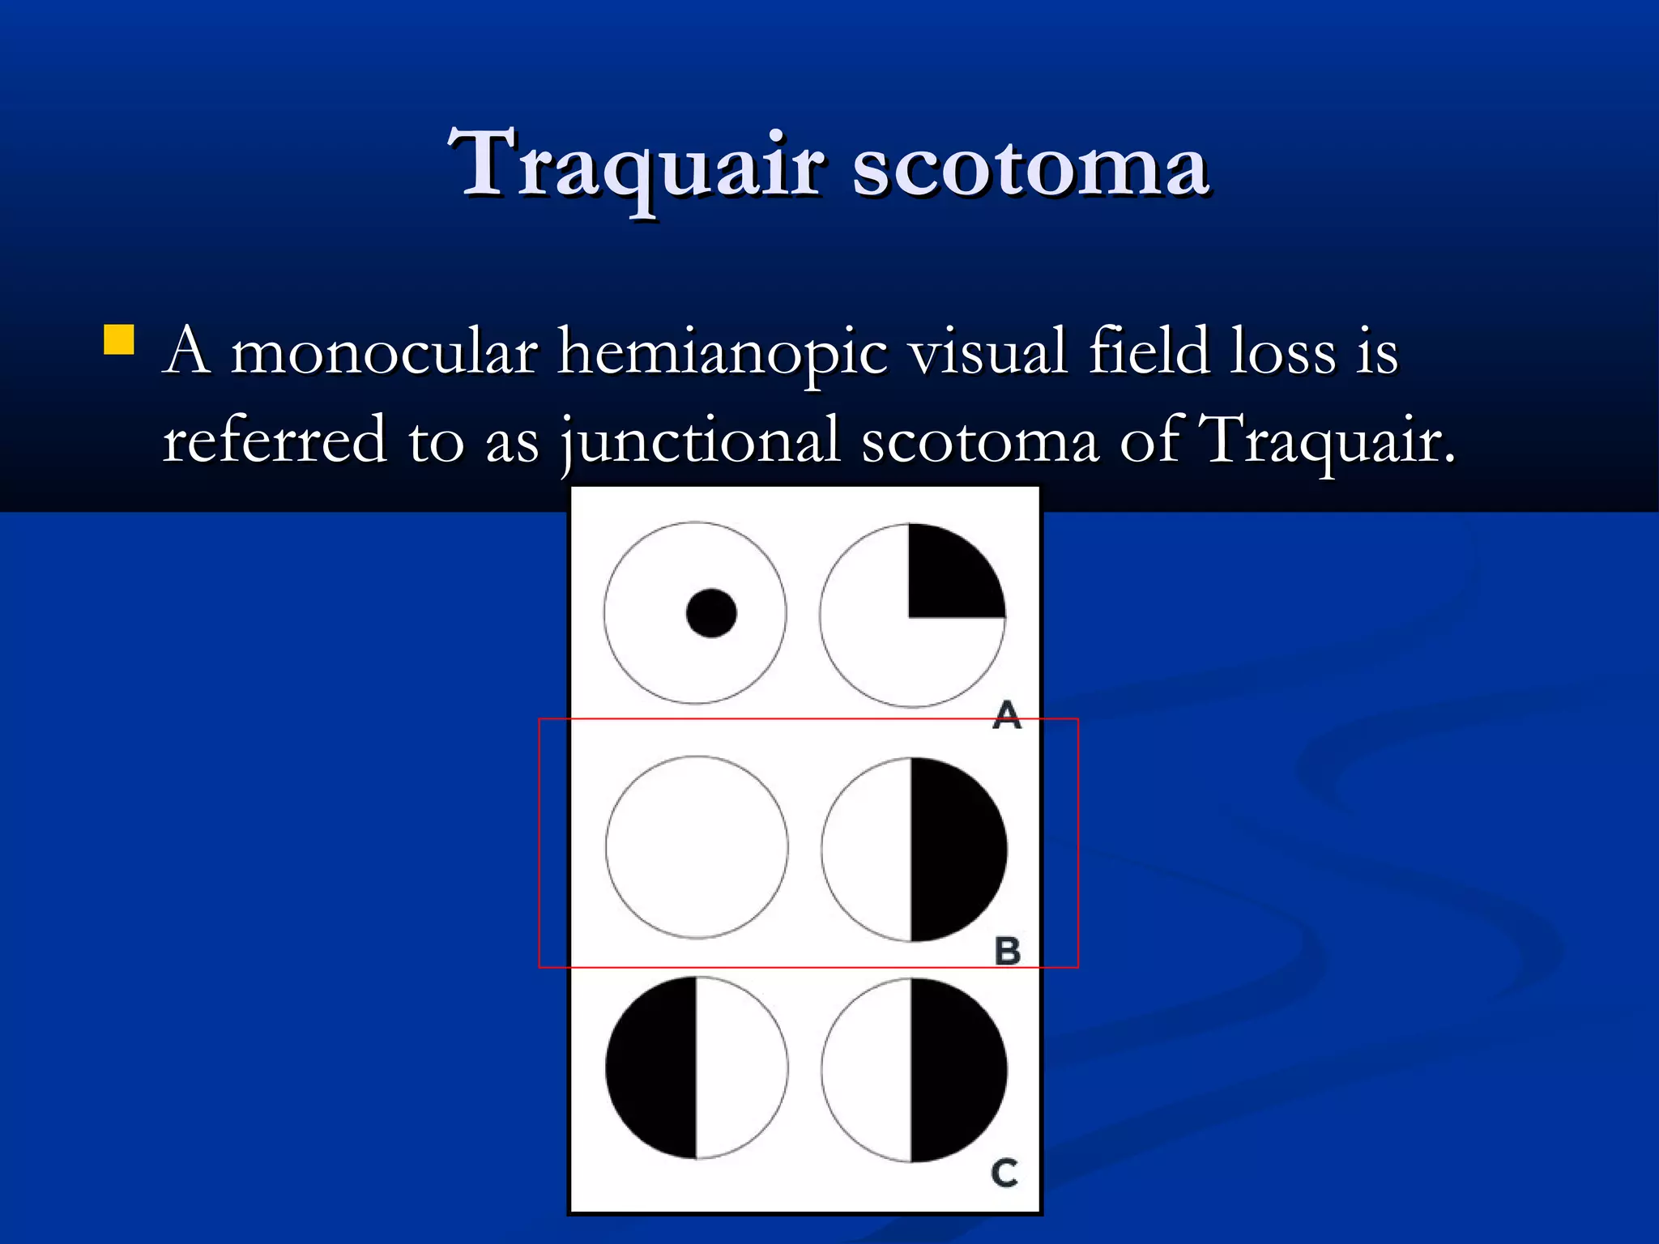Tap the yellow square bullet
(118, 340)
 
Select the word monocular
(384, 353)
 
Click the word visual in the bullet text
(987, 353)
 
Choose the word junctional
(701, 441)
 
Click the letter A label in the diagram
(1006, 714)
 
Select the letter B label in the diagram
(1007, 951)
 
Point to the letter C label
(1004, 1173)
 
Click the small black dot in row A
(710, 613)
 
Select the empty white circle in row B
(697, 847)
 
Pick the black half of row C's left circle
(653, 1067)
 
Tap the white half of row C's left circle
(739, 1067)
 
